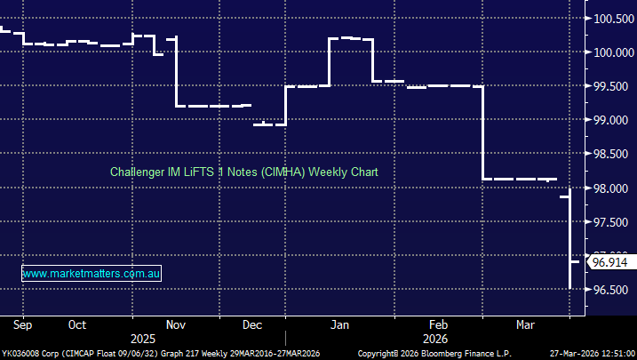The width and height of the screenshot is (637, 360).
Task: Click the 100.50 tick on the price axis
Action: [612, 19]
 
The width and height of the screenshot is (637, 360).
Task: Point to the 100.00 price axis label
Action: [612, 52]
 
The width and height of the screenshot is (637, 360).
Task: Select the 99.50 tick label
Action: [612, 86]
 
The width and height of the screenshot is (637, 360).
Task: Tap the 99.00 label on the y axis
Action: [612, 120]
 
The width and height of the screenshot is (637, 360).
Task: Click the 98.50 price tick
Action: [612, 154]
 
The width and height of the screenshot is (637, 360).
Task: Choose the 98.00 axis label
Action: [612, 188]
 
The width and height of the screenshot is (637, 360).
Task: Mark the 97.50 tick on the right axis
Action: [612, 222]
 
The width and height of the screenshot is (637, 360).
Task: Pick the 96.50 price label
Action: [612, 291]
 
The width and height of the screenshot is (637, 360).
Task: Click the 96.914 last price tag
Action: [609, 262]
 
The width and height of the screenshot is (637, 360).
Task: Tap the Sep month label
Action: [22, 324]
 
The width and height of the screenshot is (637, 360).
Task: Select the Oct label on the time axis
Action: [77, 324]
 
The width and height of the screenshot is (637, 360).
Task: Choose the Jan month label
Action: [338, 324]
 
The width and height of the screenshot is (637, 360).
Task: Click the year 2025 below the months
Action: [142, 339]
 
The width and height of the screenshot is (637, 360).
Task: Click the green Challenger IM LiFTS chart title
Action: [244, 172]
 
